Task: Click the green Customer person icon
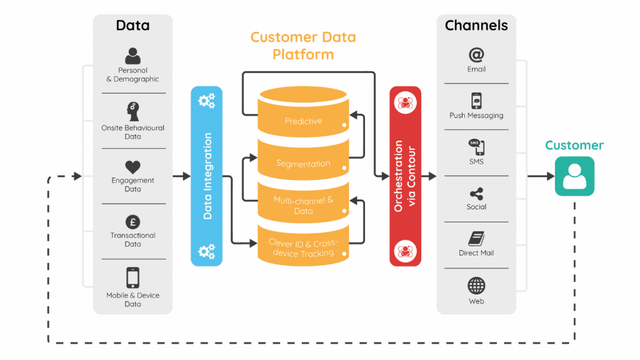pyautogui.click(x=574, y=176)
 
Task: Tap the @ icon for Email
pyautogui.click(x=476, y=55)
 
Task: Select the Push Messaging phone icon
pyautogui.click(x=476, y=101)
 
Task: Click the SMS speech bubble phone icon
pyautogui.click(x=476, y=147)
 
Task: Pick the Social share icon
pyautogui.click(x=476, y=194)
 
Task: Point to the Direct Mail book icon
pyautogui.click(x=476, y=239)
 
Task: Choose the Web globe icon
pyautogui.click(x=476, y=286)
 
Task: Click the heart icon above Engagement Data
pyautogui.click(x=132, y=167)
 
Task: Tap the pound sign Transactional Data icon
pyautogui.click(x=132, y=222)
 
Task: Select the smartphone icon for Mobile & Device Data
pyautogui.click(x=132, y=277)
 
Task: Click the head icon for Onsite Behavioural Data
pyautogui.click(x=132, y=112)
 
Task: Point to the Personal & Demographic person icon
pyautogui.click(x=132, y=57)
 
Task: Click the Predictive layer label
pyautogui.click(x=303, y=121)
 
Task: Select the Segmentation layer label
pyautogui.click(x=303, y=164)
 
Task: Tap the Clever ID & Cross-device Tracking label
pyautogui.click(x=303, y=247)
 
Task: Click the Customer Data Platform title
pyautogui.click(x=303, y=46)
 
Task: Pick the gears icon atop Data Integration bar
pyautogui.click(x=206, y=101)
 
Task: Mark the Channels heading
pyautogui.click(x=476, y=26)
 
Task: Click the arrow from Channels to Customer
pyautogui.click(x=540, y=177)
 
